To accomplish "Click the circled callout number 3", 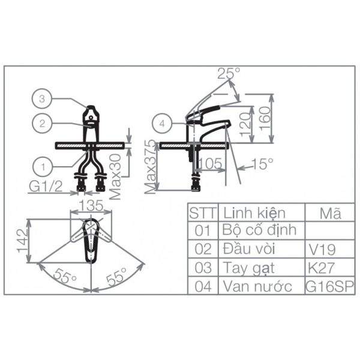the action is click(x=41, y=99).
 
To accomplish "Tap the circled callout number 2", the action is click(x=42, y=124).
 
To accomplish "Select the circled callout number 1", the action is click(x=43, y=167).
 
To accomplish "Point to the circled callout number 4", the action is click(x=162, y=124).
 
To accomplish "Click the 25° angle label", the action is click(x=229, y=73).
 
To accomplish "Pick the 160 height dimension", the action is click(x=266, y=118).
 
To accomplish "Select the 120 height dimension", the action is click(x=245, y=124).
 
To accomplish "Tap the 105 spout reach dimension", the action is click(x=211, y=163).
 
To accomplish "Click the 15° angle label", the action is click(x=262, y=163).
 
